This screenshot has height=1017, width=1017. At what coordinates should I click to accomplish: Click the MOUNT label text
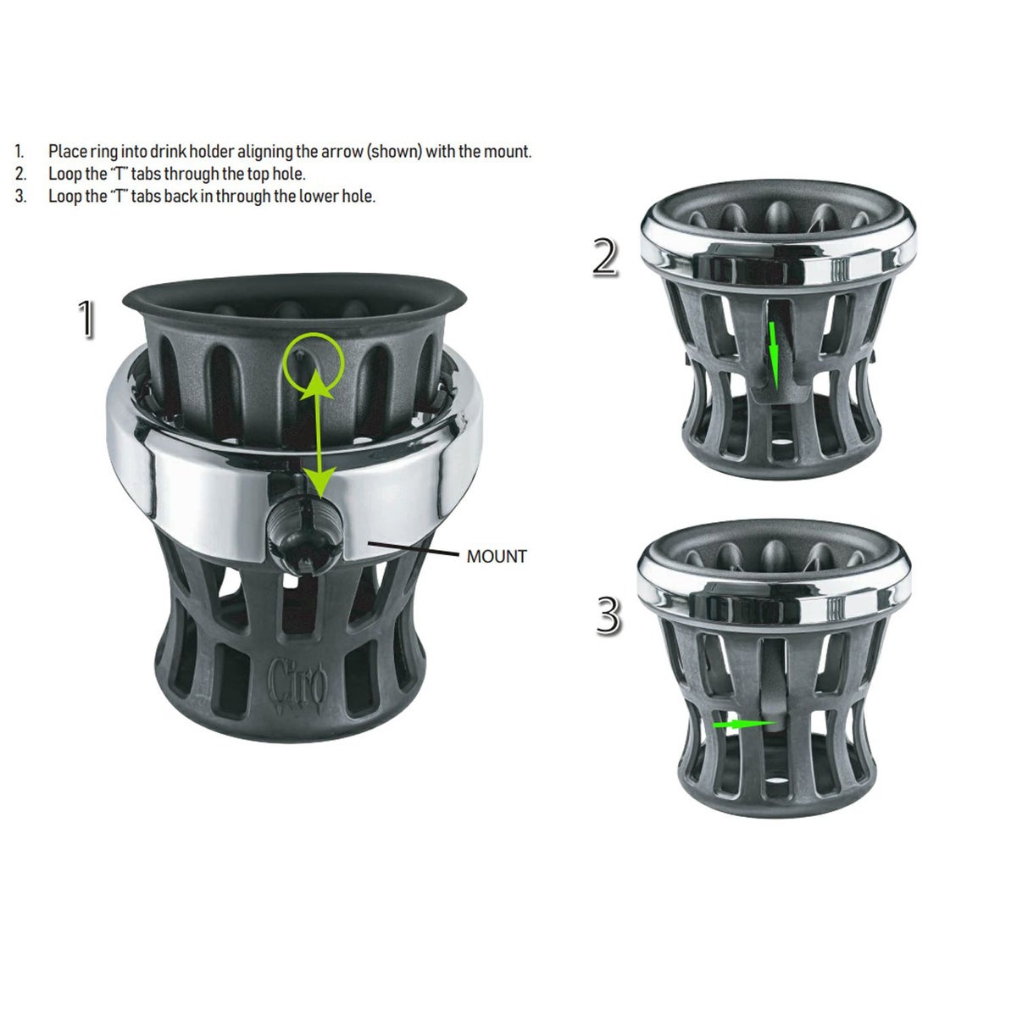tap(497, 556)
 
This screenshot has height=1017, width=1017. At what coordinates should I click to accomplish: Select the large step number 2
tap(605, 257)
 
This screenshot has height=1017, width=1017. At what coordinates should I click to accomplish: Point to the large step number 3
tap(609, 614)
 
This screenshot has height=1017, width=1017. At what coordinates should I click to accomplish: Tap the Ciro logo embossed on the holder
tap(297, 684)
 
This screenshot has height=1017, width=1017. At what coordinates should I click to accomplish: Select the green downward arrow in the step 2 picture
tap(774, 356)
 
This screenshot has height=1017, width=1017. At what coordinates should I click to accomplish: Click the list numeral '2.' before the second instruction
tap(20, 175)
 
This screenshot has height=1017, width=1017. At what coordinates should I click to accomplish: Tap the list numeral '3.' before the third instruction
tap(20, 197)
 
